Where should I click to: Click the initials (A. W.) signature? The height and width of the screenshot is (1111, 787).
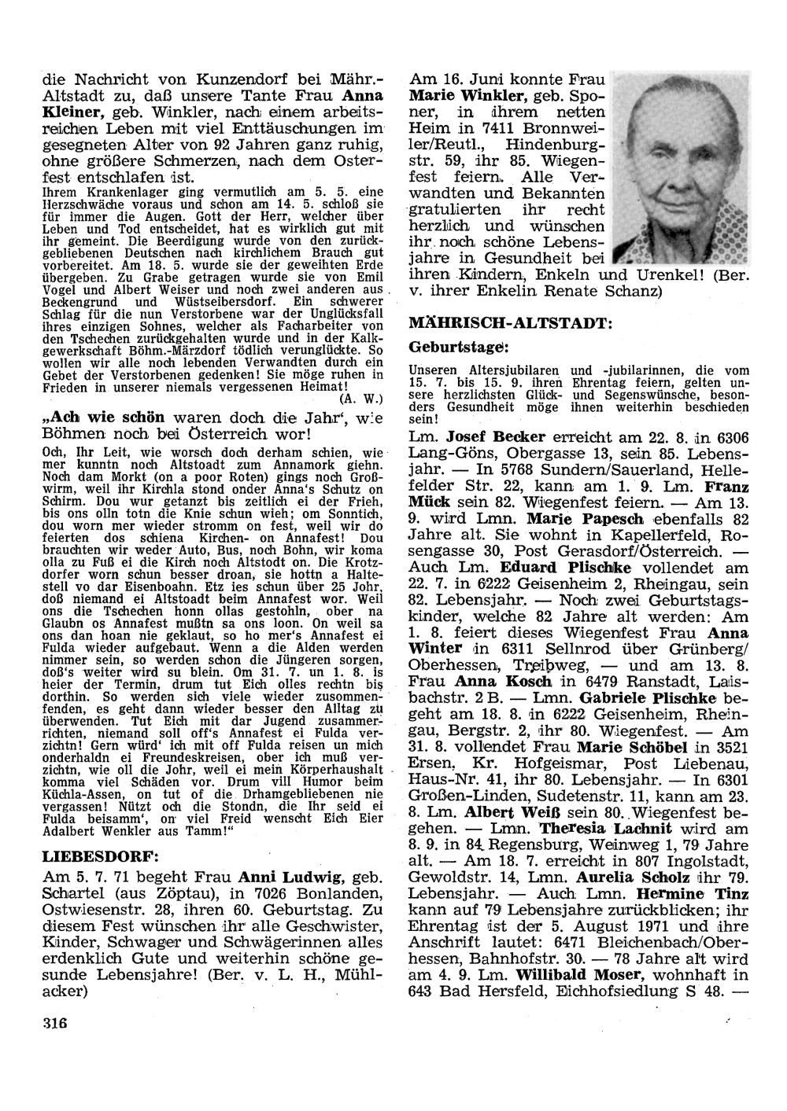364,397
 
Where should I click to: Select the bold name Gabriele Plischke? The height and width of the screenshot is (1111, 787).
648,697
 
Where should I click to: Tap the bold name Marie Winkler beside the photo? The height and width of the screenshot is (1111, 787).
467,96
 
